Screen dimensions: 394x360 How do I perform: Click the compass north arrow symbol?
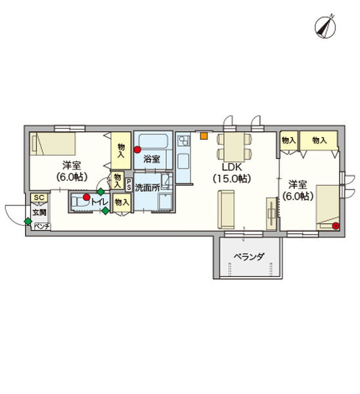(x=324, y=26)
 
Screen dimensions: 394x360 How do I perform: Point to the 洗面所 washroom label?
(x=146, y=187)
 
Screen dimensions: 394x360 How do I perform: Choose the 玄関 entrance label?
(x=39, y=212)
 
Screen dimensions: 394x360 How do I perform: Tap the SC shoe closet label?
(x=39, y=198)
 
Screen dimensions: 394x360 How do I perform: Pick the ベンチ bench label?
(x=41, y=226)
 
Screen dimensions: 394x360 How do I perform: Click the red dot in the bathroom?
(x=137, y=150)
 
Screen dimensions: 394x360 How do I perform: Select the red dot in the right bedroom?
(x=336, y=227)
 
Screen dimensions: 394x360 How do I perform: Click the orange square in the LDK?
(x=204, y=137)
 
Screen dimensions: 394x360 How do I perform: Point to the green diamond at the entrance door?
(x=28, y=221)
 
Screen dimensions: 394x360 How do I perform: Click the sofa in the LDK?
(x=227, y=208)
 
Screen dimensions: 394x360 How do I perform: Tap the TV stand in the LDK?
(x=271, y=213)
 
